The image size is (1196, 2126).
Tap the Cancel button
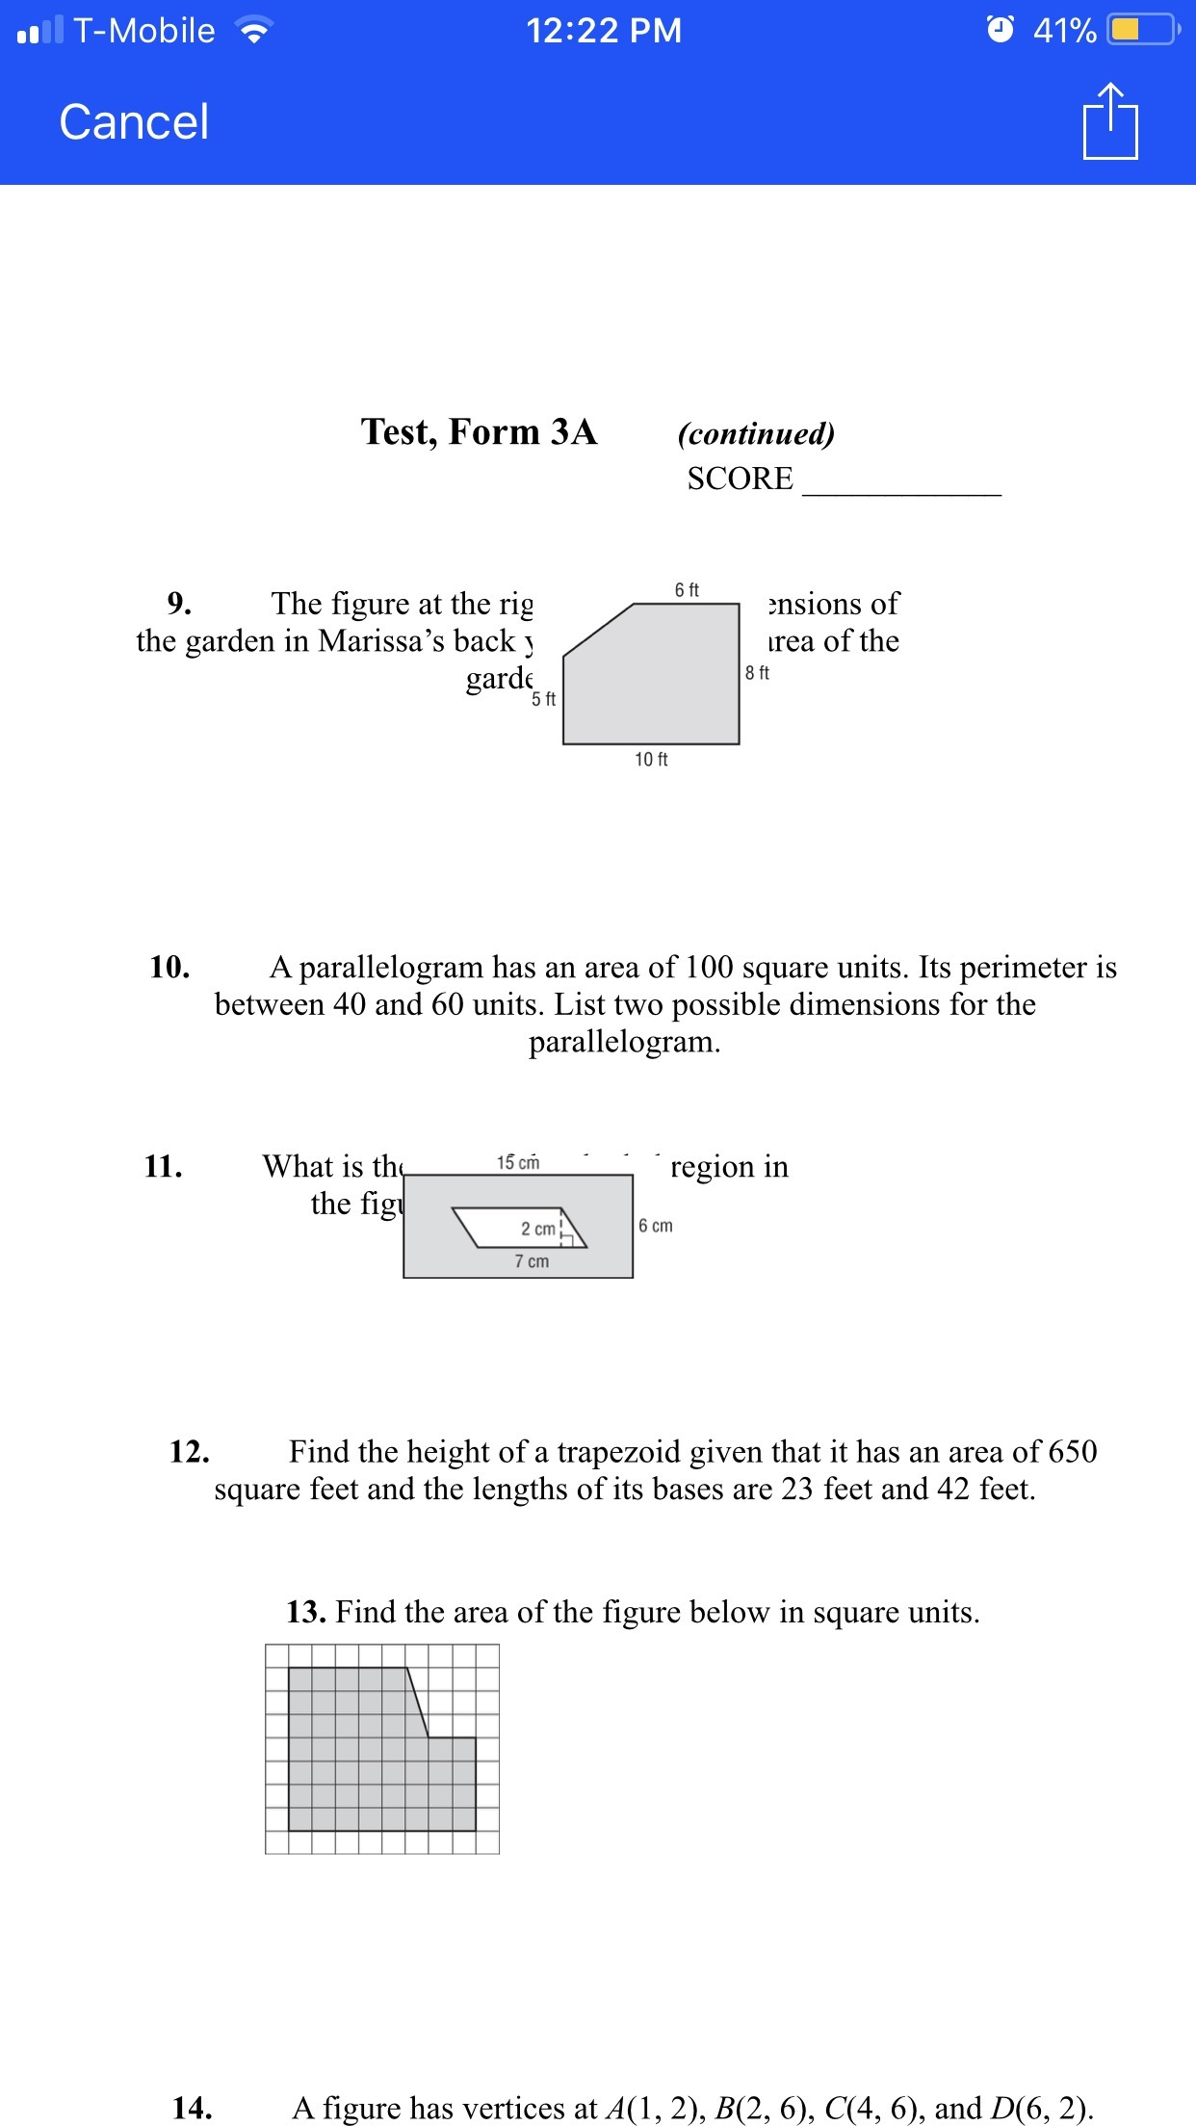coord(134,122)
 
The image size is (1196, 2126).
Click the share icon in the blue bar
coord(1109,121)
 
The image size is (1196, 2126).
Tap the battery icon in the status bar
coord(1142,30)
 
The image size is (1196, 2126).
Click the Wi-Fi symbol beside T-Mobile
coord(254,32)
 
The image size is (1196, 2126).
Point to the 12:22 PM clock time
coord(604,31)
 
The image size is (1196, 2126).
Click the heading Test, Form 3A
coord(479,431)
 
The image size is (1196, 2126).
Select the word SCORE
coord(740,479)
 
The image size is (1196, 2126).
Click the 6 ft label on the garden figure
coord(687,589)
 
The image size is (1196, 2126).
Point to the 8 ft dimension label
coord(757,673)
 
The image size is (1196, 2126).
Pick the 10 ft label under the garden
coord(651,760)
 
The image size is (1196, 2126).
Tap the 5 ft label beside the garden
coord(543,699)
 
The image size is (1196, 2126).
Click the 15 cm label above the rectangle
coord(518,1163)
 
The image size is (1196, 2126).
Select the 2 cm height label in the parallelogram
coord(538,1229)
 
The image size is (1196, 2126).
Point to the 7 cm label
coord(532,1261)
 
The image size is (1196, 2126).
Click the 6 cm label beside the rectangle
coord(655,1226)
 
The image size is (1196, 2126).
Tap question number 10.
coord(169,967)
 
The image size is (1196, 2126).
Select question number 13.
coord(305,1612)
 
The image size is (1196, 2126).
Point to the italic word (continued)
coord(756,433)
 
